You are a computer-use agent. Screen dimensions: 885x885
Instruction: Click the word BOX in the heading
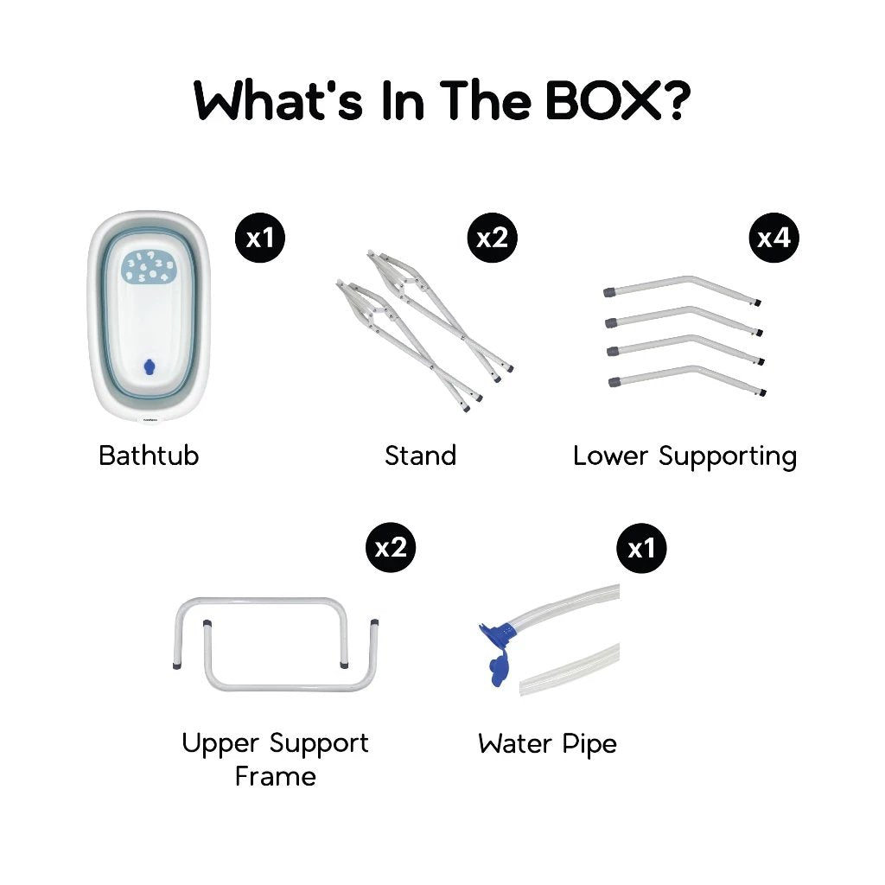tap(603, 101)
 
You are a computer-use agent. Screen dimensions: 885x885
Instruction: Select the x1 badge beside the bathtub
tap(259, 238)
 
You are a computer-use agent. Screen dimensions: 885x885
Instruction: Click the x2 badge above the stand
tap(492, 238)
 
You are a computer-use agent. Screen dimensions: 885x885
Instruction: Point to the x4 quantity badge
tap(774, 238)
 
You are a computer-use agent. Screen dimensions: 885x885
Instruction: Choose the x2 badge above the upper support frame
tap(391, 547)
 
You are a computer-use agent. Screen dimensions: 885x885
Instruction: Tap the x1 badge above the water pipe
tap(642, 548)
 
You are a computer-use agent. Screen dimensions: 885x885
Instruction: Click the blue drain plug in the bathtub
tap(149, 366)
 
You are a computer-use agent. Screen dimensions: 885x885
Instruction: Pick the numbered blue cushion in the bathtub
tap(149, 266)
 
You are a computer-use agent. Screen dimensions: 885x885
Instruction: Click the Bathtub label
tap(149, 455)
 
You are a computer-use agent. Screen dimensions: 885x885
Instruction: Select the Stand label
tap(421, 455)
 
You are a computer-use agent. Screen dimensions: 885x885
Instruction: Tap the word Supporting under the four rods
tap(728, 456)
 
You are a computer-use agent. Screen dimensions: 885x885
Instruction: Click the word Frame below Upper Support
tap(276, 776)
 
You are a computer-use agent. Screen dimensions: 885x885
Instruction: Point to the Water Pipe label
tap(547, 744)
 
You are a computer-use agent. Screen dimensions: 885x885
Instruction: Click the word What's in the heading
tap(278, 101)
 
